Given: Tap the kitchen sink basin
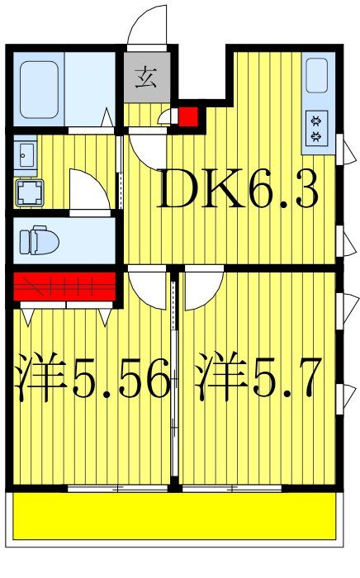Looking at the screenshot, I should [x=317, y=77].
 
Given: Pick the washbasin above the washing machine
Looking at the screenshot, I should [x=26, y=153].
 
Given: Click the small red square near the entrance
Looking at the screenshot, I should [x=188, y=117].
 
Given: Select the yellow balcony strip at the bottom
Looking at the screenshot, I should [x=175, y=516].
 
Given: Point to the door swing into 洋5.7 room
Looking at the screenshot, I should [x=203, y=289].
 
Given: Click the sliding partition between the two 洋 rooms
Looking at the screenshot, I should [x=174, y=380].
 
